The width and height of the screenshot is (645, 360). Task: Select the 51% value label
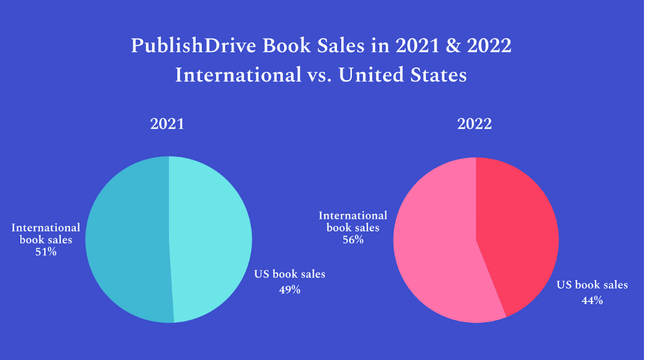coord(46,251)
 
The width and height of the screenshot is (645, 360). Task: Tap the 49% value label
coord(289,290)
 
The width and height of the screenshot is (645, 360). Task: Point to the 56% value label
coord(353,240)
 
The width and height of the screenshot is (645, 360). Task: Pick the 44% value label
coord(592,300)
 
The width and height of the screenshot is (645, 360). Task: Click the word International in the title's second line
coord(238,75)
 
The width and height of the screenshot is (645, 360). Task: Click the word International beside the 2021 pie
coord(46,228)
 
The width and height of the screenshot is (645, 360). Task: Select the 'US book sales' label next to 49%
coord(289,274)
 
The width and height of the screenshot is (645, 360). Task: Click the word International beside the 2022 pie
coord(353,215)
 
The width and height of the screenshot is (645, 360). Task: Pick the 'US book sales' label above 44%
coord(592,285)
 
